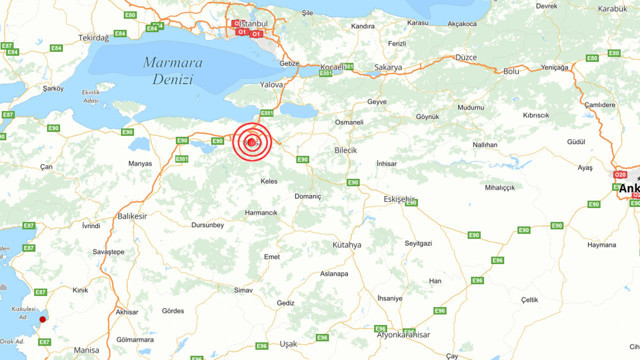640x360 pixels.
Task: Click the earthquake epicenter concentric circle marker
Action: click(x=252, y=142)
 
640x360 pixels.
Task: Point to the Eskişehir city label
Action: click(x=400, y=199)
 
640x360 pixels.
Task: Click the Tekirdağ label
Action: click(x=93, y=36)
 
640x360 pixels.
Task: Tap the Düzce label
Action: click(x=466, y=57)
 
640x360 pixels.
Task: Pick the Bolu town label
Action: click(x=511, y=72)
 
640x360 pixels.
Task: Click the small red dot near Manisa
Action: click(x=43, y=320)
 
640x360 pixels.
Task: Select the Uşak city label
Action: click(x=289, y=343)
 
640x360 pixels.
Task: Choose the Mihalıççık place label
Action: click(x=499, y=187)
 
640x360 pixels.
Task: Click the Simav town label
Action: click(x=243, y=289)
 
